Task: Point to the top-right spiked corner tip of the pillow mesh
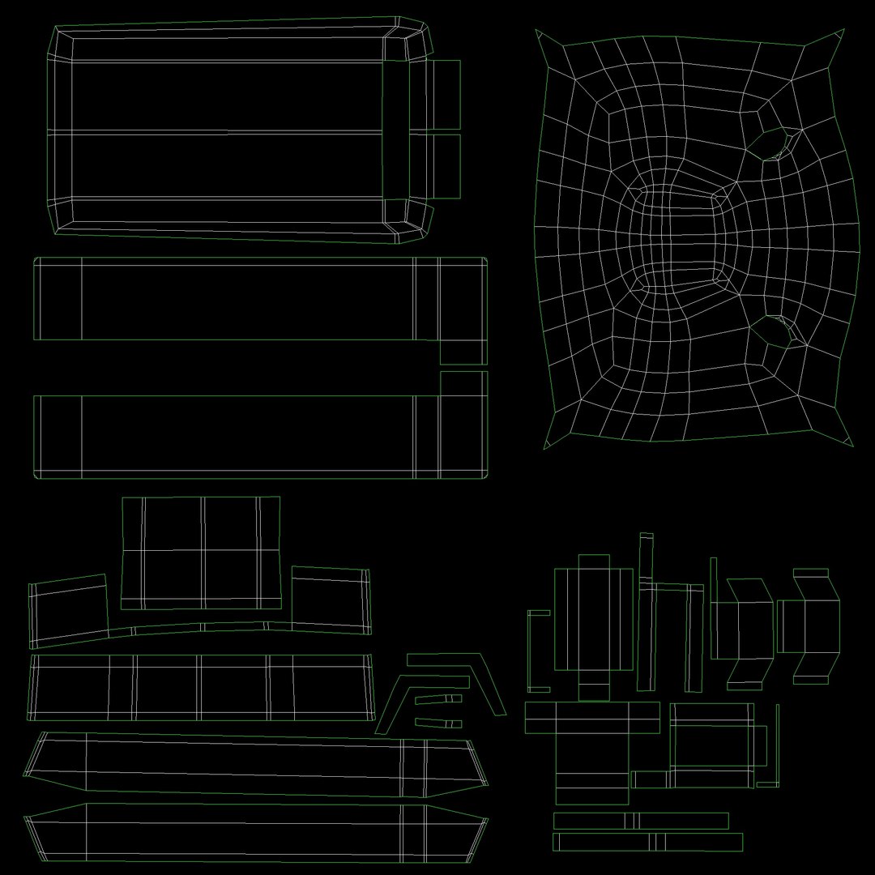pos(843,30)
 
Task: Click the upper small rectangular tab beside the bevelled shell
pos(443,95)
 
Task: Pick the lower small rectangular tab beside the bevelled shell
pos(443,166)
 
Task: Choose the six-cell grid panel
pos(201,553)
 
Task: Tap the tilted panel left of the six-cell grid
pos(69,611)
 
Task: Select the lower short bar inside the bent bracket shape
pos(438,723)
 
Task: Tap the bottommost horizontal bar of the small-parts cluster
pos(647,843)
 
